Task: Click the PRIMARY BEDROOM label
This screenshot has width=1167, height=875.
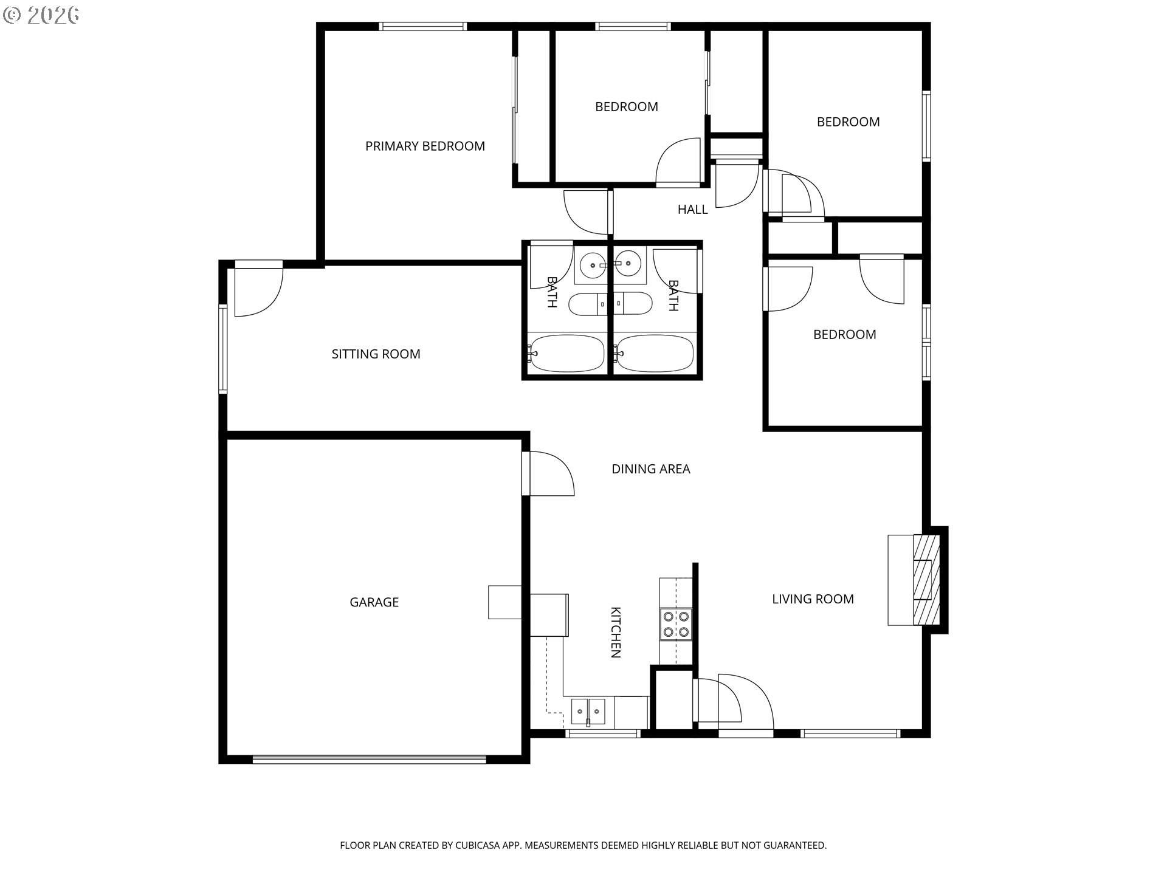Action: click(425, 146)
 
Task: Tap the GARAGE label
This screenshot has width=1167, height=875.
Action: click(374, 602)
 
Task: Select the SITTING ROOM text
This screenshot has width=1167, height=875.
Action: click(376, 354)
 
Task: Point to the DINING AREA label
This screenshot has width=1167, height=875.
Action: click(650, 468)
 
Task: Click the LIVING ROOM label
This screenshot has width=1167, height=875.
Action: click(813, 599)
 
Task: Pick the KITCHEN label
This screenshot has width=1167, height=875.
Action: click(615, 633)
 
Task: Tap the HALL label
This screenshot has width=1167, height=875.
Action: click(692, 210)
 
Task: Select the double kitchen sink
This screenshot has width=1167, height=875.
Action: click(588, 712)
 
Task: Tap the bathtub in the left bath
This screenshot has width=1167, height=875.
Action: click(566, 353)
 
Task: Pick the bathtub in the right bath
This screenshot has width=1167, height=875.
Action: click(654, 353)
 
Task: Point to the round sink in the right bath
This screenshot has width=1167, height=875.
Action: click(628, 265)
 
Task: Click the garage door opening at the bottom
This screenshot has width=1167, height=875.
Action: click(369, 759)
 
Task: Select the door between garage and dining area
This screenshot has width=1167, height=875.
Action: click(548, 473)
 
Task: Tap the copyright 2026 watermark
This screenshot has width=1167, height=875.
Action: click(41, 15)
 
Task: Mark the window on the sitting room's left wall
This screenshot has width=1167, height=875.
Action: click(223, 349)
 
